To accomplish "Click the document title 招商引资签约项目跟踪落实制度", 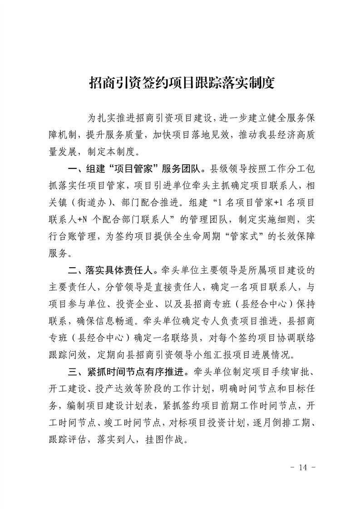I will pos(180,83).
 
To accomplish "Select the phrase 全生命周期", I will pos(184,237).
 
